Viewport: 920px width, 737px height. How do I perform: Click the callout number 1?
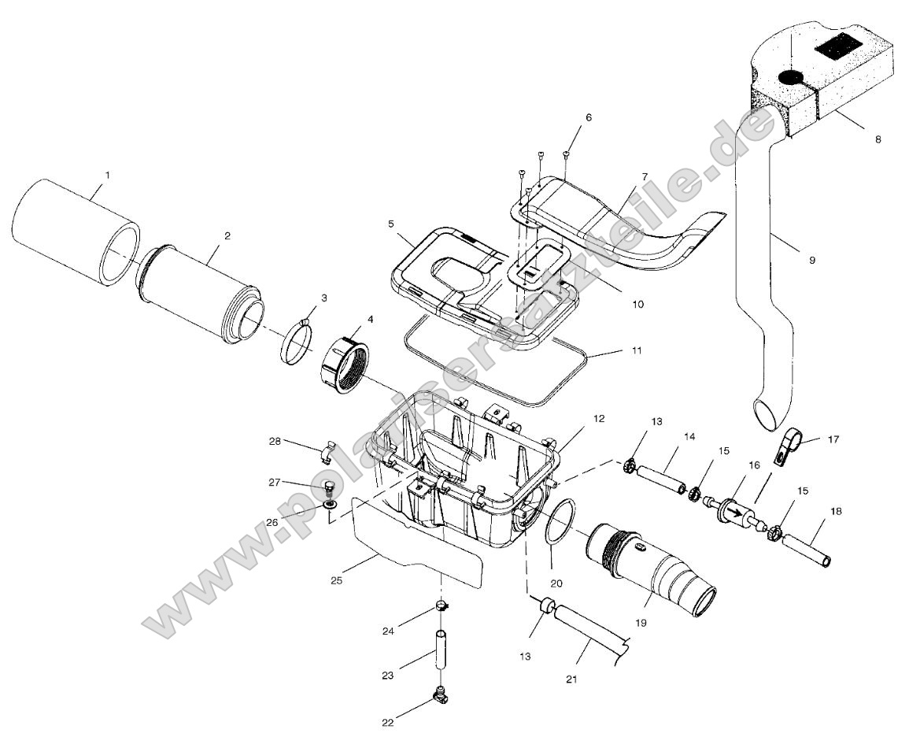coord(108,173)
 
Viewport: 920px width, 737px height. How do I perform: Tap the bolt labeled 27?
coord(331,487)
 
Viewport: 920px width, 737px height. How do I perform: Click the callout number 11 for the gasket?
coord(636,350)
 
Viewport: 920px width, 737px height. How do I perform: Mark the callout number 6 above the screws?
coord(589,117)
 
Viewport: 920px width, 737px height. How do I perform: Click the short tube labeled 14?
coord(661,478)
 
